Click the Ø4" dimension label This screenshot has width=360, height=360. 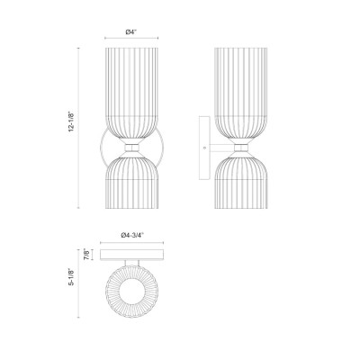point(131,32)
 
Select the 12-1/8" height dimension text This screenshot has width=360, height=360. point(71,121)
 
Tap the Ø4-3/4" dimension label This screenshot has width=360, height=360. point(132,236)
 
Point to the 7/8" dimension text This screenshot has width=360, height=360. point(86,254)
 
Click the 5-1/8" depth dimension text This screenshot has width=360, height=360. point(71,276)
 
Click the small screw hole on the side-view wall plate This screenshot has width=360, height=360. point(204,148)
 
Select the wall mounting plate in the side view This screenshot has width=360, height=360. point(204,148)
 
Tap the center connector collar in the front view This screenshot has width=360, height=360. point(131,148)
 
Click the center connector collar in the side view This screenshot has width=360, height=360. point(241,148)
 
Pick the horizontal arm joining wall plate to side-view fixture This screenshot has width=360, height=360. point(221,148)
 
